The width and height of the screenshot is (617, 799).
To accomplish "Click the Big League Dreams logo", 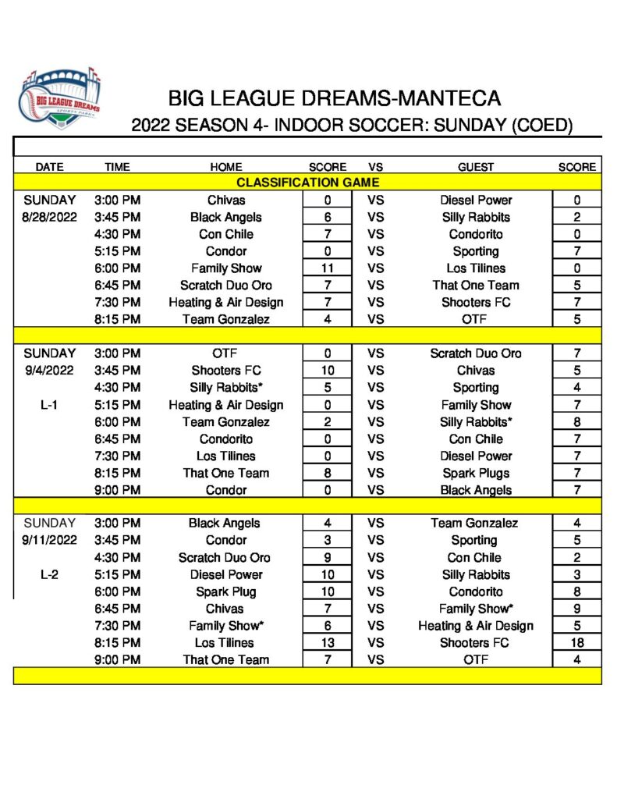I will [61, 101].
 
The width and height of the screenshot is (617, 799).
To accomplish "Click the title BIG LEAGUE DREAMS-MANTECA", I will [335, 99].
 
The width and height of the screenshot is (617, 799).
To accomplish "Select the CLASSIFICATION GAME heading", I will [307, 183].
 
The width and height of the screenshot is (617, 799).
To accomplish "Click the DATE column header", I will [49, 166].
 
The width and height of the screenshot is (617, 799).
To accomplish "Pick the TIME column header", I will [117, 166].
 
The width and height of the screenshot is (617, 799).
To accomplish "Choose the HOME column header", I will [226, 166].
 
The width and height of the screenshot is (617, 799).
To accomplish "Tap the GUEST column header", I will [476, 166].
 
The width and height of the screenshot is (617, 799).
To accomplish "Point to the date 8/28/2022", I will [49, 217].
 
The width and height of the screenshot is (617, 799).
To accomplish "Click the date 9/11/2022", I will [49, 540].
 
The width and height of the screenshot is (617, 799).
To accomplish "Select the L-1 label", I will [49, 405].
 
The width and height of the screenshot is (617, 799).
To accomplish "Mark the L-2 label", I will [49, 574].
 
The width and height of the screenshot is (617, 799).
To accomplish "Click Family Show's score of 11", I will [327, 268].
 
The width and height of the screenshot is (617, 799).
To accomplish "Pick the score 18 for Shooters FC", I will [576, 643].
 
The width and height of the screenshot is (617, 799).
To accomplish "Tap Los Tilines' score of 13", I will [327, 643].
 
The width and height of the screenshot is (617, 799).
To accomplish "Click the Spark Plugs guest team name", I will [476, 473].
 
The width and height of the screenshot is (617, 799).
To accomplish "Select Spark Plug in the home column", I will [225, 591].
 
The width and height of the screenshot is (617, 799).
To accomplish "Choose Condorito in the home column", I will [225, 439].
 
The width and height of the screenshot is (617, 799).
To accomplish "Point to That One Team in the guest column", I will [476, 286].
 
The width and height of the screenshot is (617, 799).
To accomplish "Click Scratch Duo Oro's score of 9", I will [327, 557].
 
